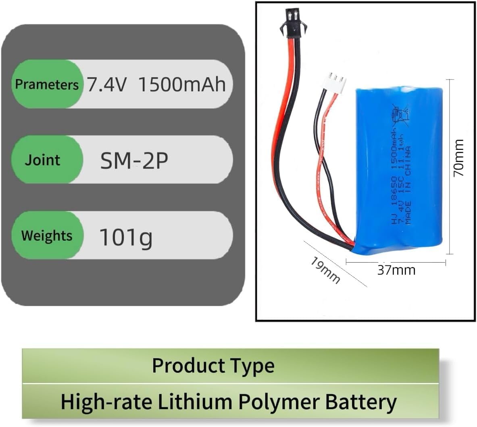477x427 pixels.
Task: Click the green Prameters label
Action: click(x=46, y=84)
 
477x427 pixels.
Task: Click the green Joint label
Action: click(x=42, y=160)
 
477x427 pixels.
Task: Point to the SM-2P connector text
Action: click(x=134, y=161)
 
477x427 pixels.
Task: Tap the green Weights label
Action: click(x=47, y=236)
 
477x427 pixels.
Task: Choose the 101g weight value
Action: click(x=126, y=237)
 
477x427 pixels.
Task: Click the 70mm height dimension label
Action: click(x=459, y=158)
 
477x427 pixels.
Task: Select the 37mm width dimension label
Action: click(x=396, y=269)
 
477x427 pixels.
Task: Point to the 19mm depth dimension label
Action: click(x=325, y=270)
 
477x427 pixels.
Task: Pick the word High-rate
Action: click(x=106, y=402)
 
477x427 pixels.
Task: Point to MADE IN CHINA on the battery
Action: click(x=408, y=178)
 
